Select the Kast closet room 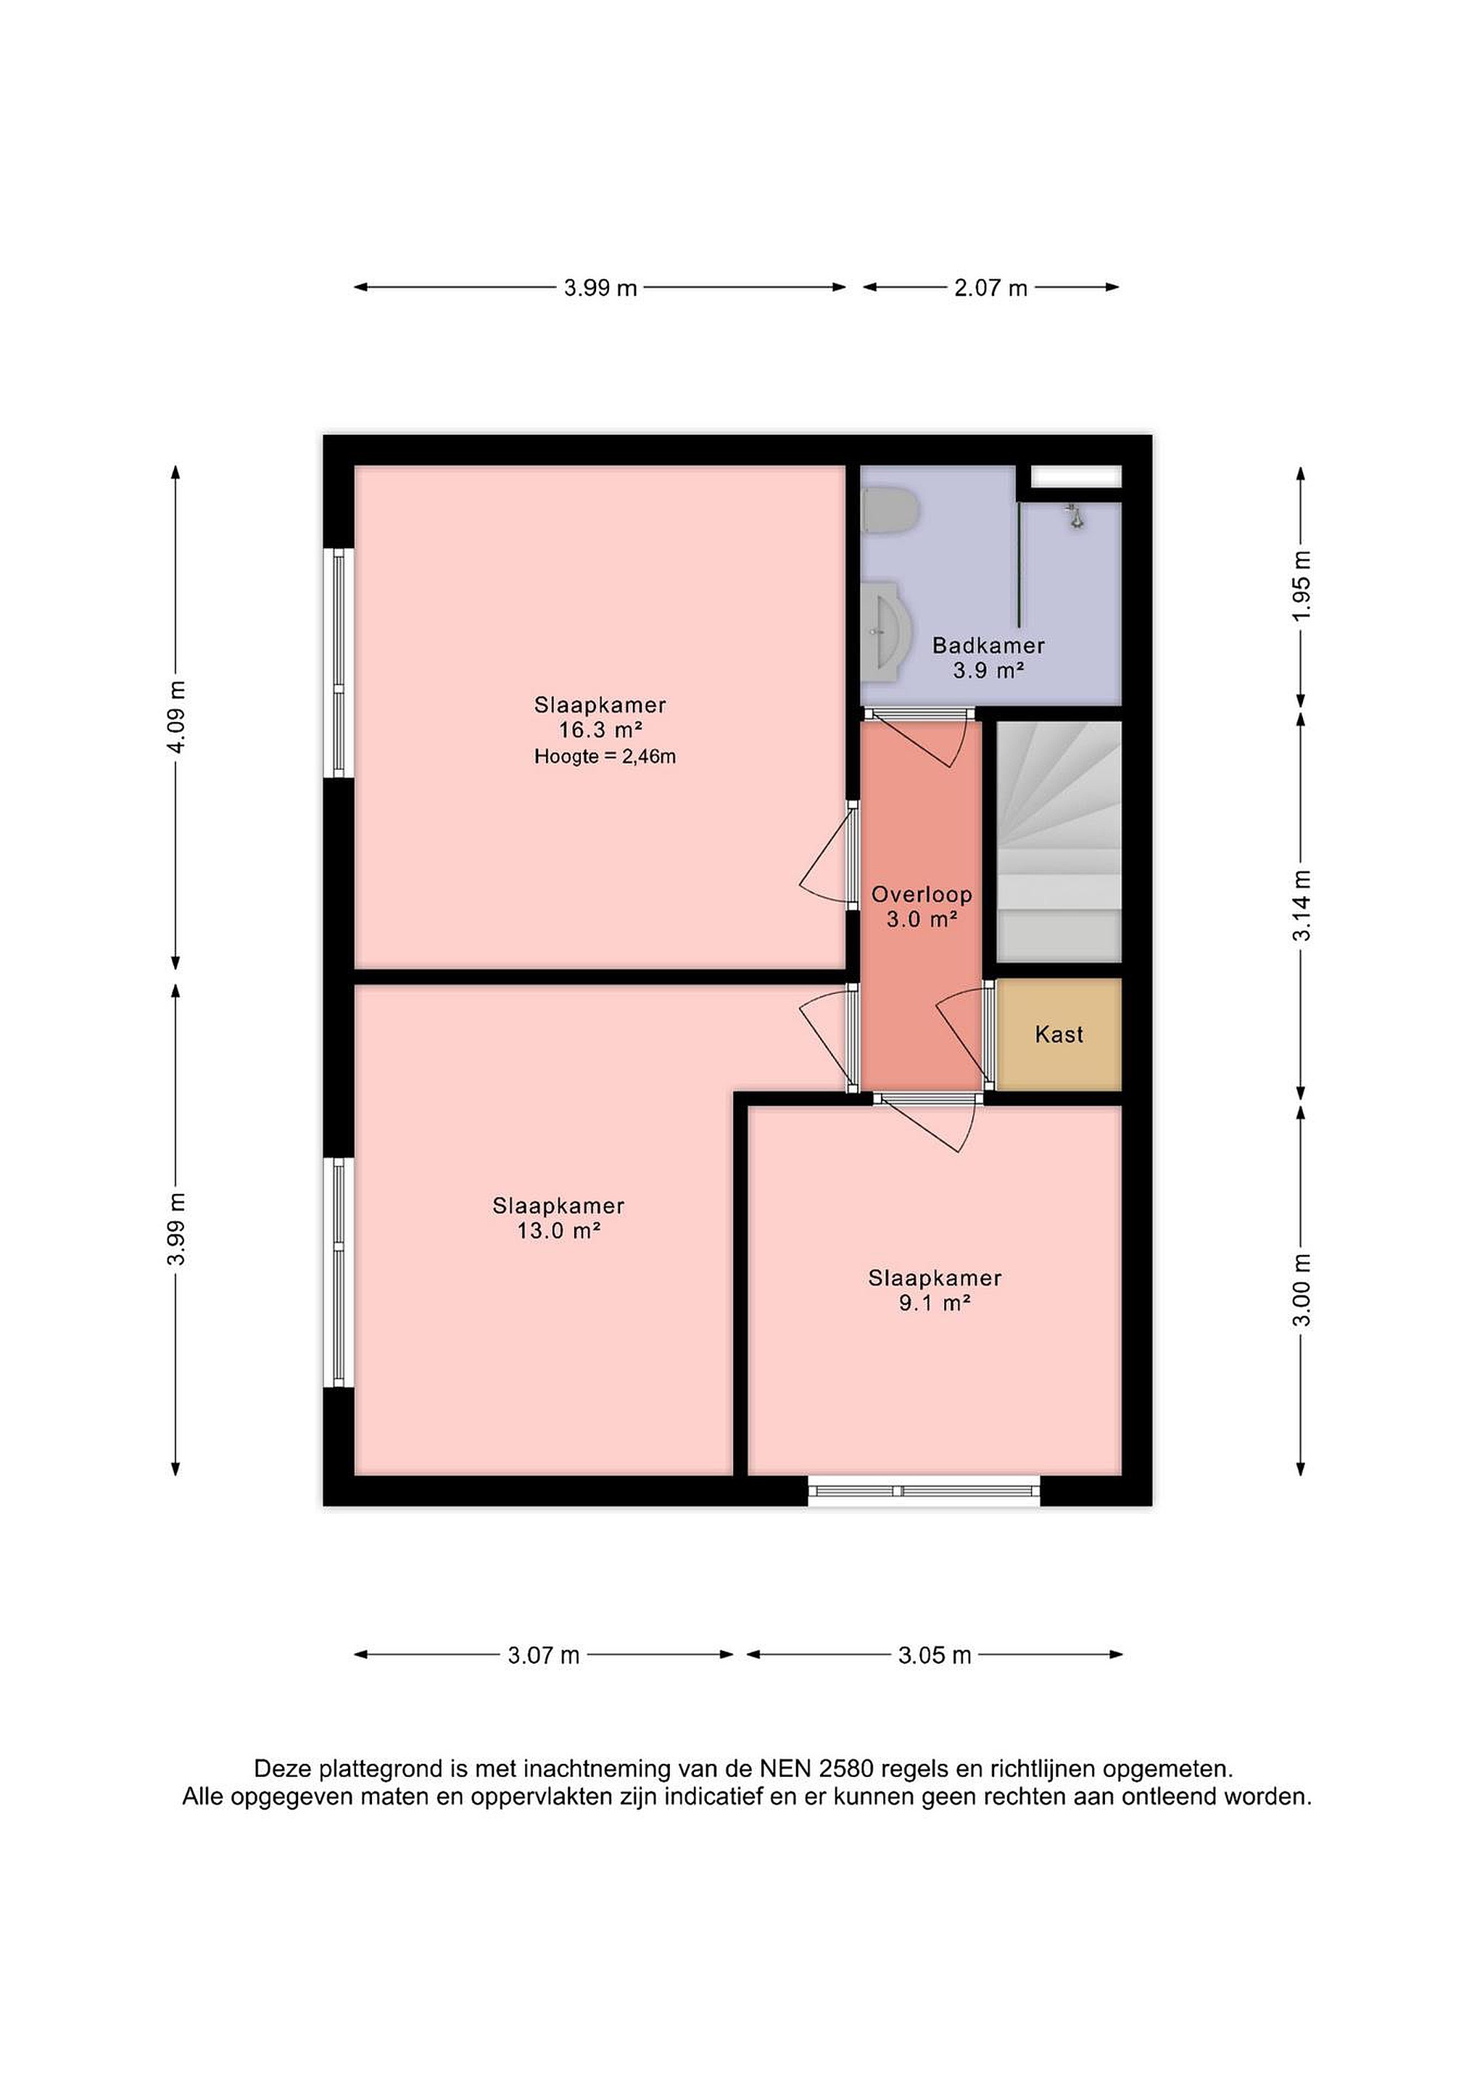click(1059, 1034)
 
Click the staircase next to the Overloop click(1059, 841)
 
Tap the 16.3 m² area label click(600, 729)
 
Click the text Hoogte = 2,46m click(605, 755)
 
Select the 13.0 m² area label click(558, 1230)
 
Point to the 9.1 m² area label click(935, 1303)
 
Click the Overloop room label click(922, 895)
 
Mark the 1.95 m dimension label click(1302, 585)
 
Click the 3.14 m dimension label click(1302, 906)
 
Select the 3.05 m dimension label click(935, 1655)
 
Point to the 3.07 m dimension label click(544, 1655)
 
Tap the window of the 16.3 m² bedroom click(339, 662)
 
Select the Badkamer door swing click(922, 739)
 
